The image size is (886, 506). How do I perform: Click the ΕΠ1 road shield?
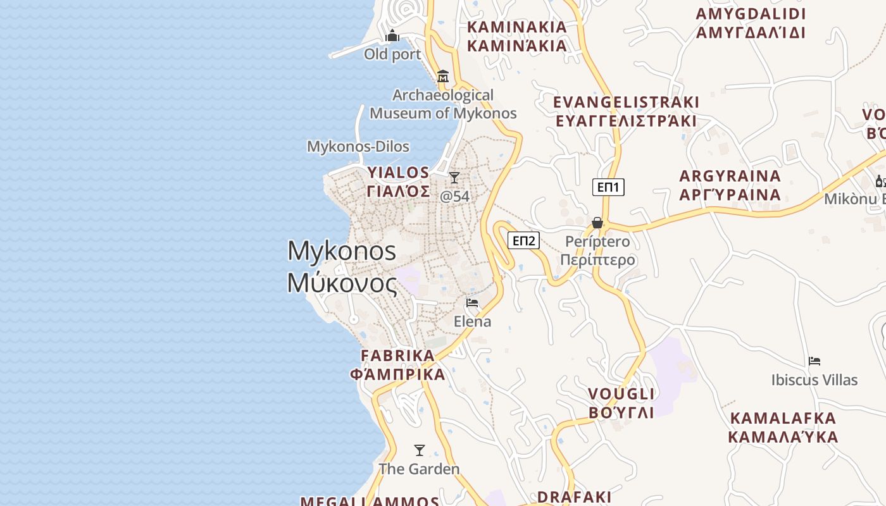tap(608, 187)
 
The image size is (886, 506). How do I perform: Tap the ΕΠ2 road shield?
tap(523, 240)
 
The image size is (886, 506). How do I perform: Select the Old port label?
tap(392, 54)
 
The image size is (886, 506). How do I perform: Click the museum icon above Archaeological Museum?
tap(443, 77)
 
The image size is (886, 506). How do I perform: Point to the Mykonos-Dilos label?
tap(358, 147)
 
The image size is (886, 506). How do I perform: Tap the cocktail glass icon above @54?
tap(454, 178)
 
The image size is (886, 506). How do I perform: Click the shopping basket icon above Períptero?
tap(597, 223)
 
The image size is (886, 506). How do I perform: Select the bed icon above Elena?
tap(472, 303)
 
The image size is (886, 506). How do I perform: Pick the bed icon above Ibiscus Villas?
tap(814, 362)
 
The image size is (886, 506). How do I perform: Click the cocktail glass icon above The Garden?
tap(419, 450)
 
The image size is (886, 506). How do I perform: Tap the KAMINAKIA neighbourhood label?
tap(517, 37)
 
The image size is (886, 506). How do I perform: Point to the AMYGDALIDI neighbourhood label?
tap(751, 23)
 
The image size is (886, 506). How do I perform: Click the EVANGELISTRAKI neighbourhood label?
tap(626, 111)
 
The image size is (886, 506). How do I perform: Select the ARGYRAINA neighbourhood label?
tap(730, 185)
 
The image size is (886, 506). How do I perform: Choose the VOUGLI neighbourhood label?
tap(621, 403)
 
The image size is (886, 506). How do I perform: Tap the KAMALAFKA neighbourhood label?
tap(783, 428)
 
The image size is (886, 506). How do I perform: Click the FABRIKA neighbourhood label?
tap(398, 365)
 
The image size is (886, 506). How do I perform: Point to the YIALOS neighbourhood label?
tap(399, 182)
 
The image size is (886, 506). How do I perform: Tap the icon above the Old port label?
tap(392, 35)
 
